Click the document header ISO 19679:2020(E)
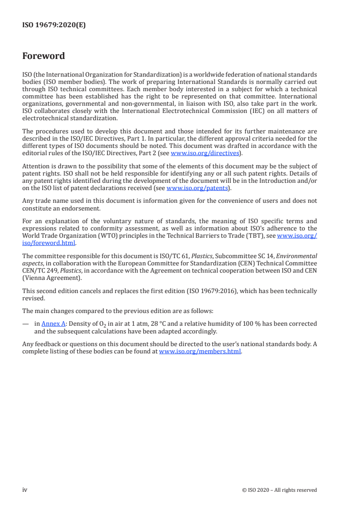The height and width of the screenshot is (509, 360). (x=54, y=25)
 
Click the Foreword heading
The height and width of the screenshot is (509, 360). (x=44, y=56)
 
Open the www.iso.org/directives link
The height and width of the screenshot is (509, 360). (x=205, y=153)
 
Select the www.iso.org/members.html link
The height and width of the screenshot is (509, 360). (x=200, y=352)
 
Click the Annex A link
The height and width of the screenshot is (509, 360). (x=54, y=323)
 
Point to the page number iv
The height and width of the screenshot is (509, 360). (x=25, y=489)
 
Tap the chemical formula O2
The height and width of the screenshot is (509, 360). (x=97, y=324)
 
